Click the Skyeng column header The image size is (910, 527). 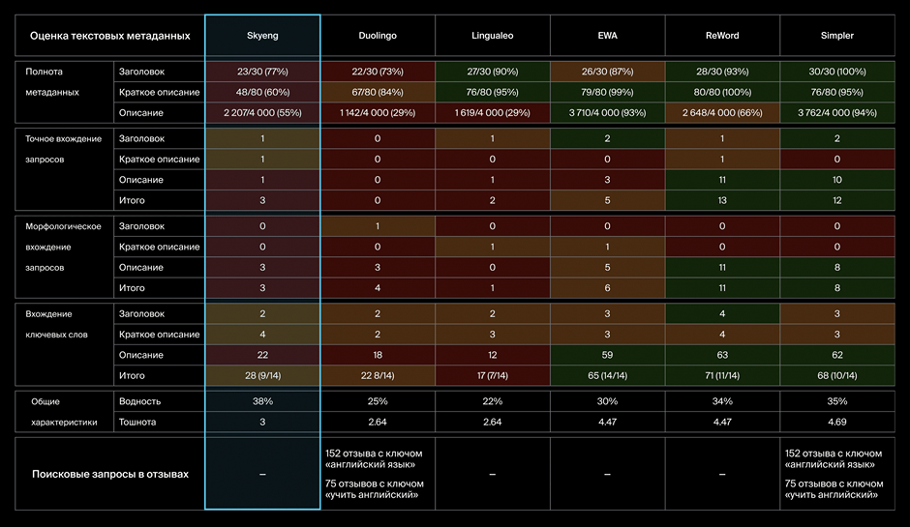tap(262, 35)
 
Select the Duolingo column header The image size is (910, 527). tap(378, 35)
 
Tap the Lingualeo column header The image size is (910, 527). tap(493, 35)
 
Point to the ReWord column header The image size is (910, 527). tap(722, 35)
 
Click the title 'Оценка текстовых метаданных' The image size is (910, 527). tap(109, 36)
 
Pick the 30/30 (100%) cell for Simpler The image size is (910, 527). tap(837, 72)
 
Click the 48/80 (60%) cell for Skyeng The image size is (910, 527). tap(262, 92)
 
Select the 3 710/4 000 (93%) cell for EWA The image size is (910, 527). tap(608, 113)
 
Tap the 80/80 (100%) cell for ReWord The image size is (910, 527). tap(722, 92)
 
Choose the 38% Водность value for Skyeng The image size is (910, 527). tap(262, 401)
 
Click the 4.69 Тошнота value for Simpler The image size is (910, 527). tap(837, 422)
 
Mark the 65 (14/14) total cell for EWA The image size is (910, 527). tap(608, 375)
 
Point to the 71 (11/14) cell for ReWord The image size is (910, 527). tap(722, 375)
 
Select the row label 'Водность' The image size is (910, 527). tap(139, 401)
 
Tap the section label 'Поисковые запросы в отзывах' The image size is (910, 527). tap(109, 474)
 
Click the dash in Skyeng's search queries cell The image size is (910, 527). tap(262, 474)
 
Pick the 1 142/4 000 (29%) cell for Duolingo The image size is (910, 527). tap(378, 113)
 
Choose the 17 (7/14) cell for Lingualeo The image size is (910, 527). tap(493, 375)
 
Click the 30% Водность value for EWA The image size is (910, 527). tap(608, 401)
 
